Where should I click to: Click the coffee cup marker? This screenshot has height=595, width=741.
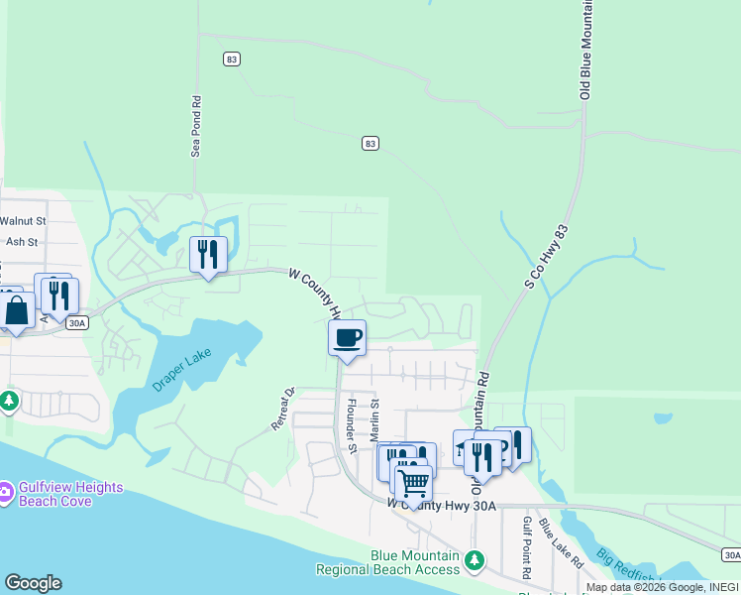coord(347,338)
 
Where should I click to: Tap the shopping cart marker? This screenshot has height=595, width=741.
coord(413,483)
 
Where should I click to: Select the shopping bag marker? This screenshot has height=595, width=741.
coord(17,309)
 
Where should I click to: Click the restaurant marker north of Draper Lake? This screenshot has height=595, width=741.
coord(208,255)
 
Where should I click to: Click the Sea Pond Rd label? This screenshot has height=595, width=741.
coord(196,126)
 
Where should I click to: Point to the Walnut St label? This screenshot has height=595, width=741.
coord(23,221)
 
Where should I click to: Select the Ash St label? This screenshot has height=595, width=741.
coord(21,241)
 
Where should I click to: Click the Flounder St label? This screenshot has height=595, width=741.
coord(350,421)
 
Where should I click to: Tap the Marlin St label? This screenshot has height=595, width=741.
coord(374,420)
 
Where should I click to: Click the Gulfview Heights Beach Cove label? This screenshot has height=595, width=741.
coord(70,494)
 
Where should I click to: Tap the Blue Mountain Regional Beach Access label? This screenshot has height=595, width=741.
coord(387,562)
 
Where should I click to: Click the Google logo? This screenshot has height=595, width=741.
coord(33,583)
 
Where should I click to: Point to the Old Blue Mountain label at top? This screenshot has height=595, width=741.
coord(585,50)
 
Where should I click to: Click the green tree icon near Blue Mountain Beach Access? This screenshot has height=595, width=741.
coord(475,561)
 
